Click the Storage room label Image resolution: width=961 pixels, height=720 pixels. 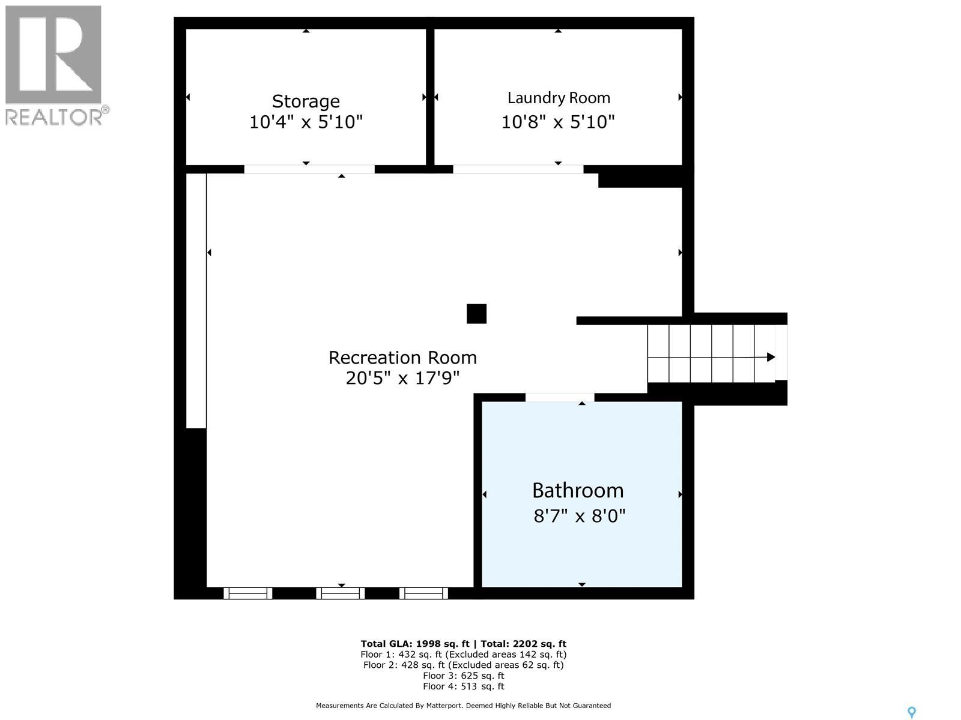click(x=306, y=101)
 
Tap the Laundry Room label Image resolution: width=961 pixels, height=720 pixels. click(x=559, y=98)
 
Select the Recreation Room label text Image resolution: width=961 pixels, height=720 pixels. click(x=402, y=358)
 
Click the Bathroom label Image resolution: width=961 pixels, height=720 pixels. click(x=578, y=490)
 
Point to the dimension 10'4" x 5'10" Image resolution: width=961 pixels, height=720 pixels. click(x=306, y=122)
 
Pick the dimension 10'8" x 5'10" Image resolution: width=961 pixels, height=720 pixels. click(x=558, y=122)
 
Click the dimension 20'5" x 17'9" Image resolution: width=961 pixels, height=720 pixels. click(x=402, y=379)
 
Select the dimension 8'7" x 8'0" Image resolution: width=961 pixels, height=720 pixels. click(x=580, y=515)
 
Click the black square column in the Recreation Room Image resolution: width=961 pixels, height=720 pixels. click(x=476, y=314)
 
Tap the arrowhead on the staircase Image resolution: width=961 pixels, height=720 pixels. click(x=771, y=357)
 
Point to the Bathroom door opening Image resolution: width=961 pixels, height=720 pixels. click(x=560, y=397)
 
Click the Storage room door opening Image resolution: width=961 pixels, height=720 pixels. click(x=309, y=169)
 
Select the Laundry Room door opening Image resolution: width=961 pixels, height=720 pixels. click(x=518, y=169)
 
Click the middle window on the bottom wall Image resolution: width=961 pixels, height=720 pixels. click(x=341, y=593)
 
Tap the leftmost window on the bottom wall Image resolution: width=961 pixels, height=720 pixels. click(x=248, y=593)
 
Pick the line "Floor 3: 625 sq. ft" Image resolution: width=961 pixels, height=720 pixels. click(x=463, y=676)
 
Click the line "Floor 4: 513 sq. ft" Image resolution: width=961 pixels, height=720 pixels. click(x=463, y=686)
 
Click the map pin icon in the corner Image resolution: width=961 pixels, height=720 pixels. click(x=911, y=712)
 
